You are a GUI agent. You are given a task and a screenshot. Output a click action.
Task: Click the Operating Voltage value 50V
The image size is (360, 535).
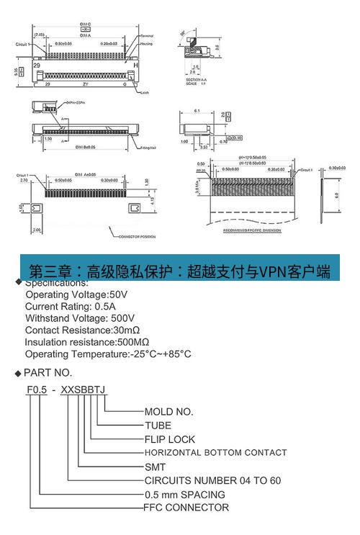pos(117,295)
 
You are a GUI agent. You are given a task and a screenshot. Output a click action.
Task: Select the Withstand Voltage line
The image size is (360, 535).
pos(90,318)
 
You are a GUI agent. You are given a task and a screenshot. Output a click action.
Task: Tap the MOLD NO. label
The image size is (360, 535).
pos(169,412)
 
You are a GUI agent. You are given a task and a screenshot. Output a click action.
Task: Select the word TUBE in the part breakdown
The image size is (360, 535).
pos(158,426)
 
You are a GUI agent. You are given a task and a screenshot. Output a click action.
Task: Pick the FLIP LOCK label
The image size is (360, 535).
pos(170,439)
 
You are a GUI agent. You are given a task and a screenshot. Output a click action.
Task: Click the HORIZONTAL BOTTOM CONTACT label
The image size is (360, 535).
pos(216,453)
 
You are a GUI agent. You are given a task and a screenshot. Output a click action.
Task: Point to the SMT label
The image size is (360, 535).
pos(156,467)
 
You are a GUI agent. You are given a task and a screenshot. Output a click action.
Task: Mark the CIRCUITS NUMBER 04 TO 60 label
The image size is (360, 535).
pos(212,480)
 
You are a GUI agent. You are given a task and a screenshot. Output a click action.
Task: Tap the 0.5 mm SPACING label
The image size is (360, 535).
pos(185,494)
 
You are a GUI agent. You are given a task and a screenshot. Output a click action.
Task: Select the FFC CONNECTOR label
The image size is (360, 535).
pos(187,508)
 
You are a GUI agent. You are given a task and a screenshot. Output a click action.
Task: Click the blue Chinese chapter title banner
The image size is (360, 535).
pos(180,271)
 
